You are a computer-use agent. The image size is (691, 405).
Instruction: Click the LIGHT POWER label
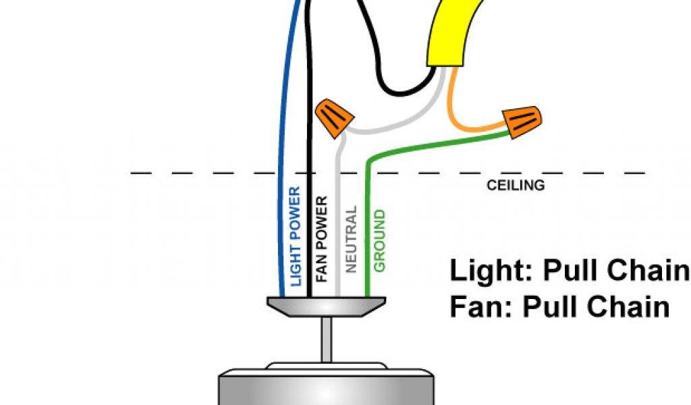295,236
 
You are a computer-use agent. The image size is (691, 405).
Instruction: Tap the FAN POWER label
321,239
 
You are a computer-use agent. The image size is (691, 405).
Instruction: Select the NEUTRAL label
350,240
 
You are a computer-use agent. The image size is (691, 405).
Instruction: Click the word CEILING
516,185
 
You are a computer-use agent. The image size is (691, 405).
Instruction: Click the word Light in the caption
486,271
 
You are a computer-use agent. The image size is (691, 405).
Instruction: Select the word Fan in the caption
473,307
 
